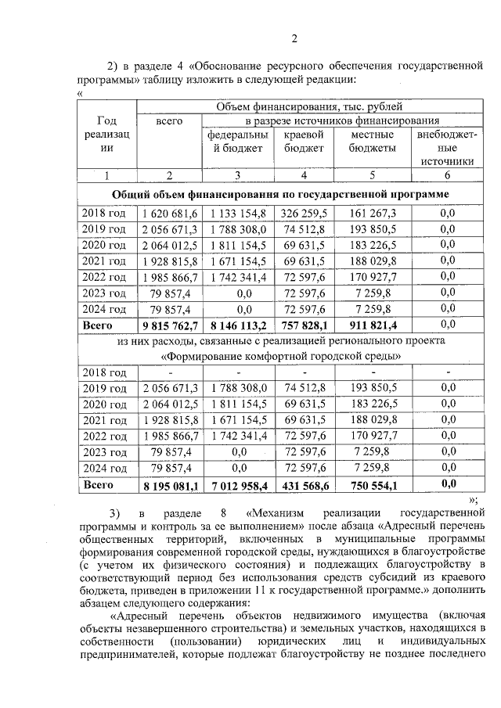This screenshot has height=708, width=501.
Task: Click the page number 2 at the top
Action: (294, 38)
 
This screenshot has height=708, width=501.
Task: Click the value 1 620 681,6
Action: (169, 213)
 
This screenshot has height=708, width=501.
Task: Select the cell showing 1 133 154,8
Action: (237, 213)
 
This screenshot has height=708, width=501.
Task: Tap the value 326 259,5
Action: (303, 213)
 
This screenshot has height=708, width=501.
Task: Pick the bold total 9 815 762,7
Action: (169, 325)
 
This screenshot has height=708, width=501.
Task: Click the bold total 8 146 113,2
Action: (237, 325)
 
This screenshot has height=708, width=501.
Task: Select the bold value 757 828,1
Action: (303, 325)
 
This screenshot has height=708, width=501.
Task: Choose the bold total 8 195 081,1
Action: (169, 485)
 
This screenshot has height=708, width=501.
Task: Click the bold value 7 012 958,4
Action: (237, 485)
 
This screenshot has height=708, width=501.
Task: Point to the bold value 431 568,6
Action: (303, 485)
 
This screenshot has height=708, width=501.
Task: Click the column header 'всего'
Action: (169, 121)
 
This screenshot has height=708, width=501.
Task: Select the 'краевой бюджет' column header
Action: (303, 142)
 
